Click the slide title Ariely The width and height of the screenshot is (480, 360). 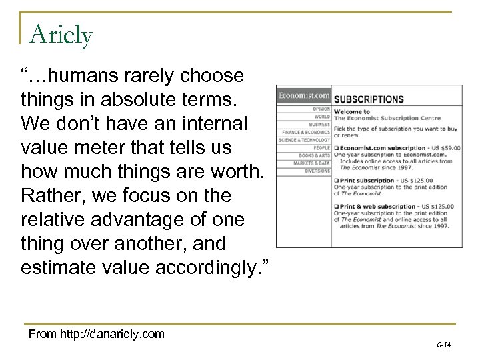coord(61,33)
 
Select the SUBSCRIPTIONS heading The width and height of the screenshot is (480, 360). coord(369,99)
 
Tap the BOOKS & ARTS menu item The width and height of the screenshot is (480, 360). coord(315,155)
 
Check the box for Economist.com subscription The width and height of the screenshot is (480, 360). coord(337,147)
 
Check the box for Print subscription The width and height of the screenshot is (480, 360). coord(337,179)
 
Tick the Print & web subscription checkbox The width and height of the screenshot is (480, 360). coord(337,205)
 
